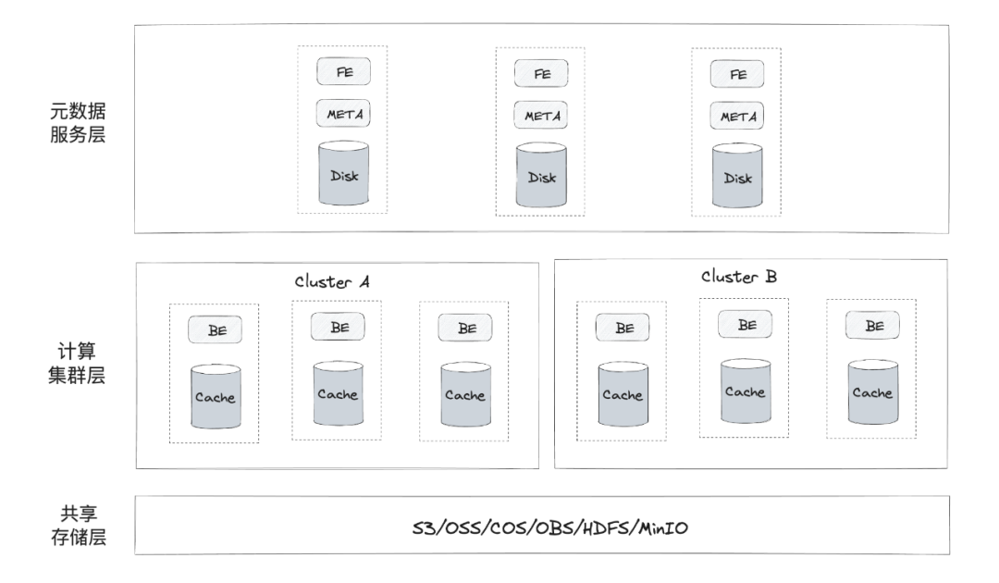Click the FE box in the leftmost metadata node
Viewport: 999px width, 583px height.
tap(343, 71)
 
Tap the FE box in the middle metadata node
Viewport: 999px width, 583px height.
tap(541, 73)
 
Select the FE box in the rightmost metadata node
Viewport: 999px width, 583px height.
tap(737, 74)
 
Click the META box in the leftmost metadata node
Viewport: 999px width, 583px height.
tap(343, 114)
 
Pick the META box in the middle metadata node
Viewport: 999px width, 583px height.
tap(541, 116)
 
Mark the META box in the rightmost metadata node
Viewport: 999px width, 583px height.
tap(737, 117)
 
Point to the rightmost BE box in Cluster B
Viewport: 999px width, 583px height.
tap(871, 326)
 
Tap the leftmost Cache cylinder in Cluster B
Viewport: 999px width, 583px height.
tap(622, 394)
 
